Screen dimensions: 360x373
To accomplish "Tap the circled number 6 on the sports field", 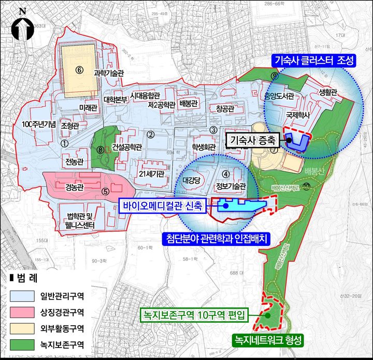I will [x=79, y=69].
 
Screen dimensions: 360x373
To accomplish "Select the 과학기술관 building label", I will [x=109, y=73].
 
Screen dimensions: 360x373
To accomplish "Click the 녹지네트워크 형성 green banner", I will [x=267, y=340].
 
